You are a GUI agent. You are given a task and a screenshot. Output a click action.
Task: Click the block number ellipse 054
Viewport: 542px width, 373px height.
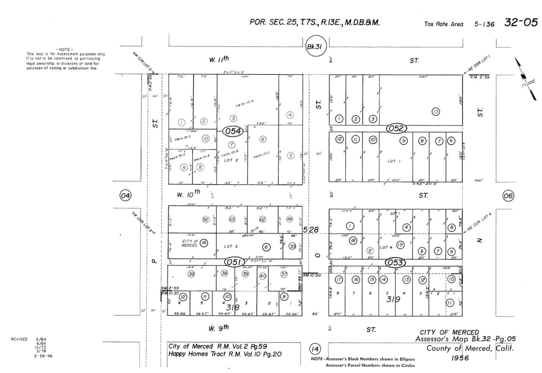tap(233, 131)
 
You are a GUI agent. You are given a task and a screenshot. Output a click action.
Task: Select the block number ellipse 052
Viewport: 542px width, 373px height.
tap(396, 129)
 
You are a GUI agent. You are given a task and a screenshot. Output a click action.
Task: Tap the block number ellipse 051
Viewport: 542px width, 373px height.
tap(234, 262)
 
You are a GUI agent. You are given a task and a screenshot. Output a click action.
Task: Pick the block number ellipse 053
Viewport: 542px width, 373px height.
tap(395, 262)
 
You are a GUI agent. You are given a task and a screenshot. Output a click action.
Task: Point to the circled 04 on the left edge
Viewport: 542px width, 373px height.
tap(125, 195)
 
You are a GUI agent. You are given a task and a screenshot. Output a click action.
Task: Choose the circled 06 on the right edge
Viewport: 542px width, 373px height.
tap(508, 195)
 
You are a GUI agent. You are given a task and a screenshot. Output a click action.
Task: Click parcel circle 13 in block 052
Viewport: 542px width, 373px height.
tap(435, 111)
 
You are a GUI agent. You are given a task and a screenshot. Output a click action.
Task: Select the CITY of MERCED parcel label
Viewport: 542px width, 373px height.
tap(189, 243)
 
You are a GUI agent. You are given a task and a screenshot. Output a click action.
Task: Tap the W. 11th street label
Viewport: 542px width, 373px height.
tap(219, 59)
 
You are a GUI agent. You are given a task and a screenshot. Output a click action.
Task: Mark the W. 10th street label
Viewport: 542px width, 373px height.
tap(188, 194)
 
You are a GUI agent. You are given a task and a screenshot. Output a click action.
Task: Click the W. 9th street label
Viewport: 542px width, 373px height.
tap(218, 328)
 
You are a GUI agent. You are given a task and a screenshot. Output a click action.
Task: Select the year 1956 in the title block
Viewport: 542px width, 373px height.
tap(460, 358)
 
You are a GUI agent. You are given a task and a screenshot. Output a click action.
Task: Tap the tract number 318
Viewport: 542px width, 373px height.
tap(233, 308)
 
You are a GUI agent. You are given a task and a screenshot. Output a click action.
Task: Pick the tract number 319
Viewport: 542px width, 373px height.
tap(393, 299)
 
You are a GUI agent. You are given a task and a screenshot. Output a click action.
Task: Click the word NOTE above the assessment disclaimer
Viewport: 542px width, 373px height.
tap(64, 50)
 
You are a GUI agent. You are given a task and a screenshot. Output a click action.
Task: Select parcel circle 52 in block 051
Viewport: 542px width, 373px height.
tap(206, 219)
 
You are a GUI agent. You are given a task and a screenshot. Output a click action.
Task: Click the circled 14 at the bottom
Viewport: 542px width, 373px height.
tap(315, 349)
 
